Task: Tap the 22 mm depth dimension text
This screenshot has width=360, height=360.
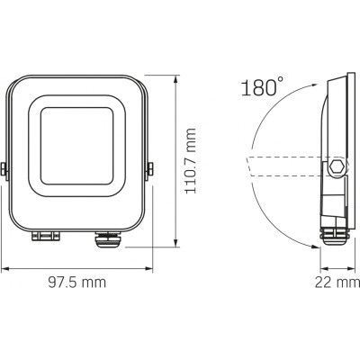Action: (335, 283)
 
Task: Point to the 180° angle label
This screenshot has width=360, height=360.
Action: (260, 88)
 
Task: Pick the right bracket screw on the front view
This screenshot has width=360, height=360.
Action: (150, 169)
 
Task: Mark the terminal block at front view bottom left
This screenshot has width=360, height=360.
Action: (44, 238)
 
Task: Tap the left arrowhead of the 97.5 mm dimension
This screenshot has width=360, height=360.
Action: (4, 268)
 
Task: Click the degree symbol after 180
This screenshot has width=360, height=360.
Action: (280, 81)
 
